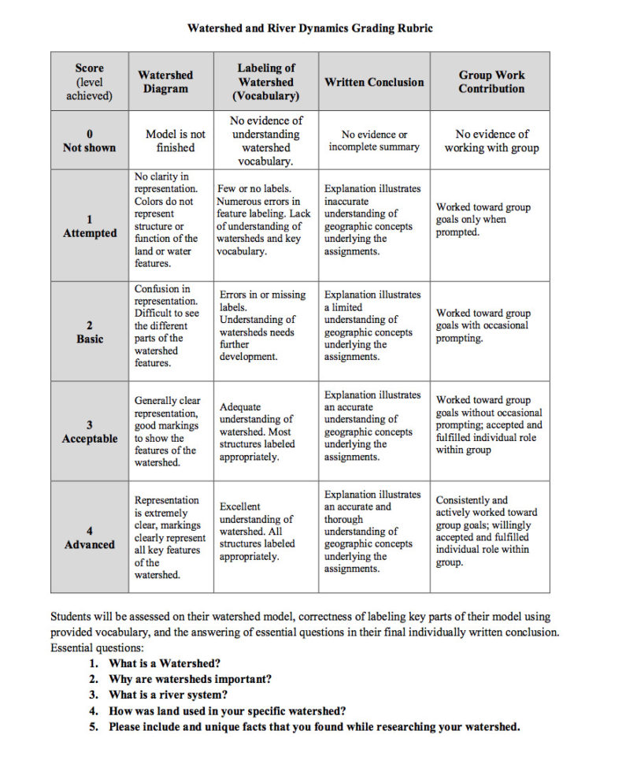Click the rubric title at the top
309,28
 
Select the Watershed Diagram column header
165,82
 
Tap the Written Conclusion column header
374,82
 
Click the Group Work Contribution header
491,82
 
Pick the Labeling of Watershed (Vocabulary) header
266,82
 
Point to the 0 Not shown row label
89,141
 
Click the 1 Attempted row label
89,226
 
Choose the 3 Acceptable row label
89,432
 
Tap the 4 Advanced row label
89,537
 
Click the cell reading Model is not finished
175,141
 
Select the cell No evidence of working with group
491,141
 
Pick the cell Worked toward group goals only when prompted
483,220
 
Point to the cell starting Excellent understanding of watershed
257,532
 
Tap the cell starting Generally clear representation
166,432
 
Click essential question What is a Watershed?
165,663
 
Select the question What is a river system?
169,695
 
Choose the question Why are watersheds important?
191,679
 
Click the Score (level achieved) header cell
89,82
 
